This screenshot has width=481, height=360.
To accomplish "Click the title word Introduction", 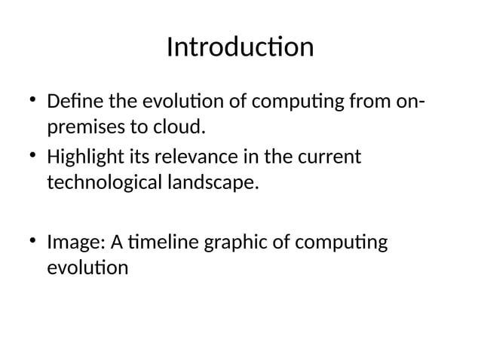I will pyautogui.click(x=240, y=47).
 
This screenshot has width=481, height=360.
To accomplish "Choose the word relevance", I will pyautogui.click(x=193, y=157).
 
